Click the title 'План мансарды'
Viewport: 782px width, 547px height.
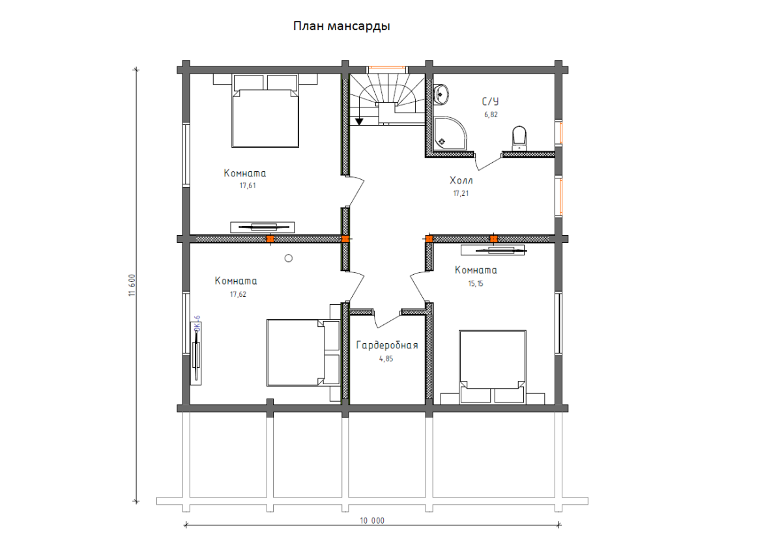point(341,26)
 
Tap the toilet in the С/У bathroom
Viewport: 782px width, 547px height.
point(519,138)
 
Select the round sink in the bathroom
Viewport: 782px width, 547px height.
point(441,94)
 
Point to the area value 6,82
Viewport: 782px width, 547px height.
point(491,115)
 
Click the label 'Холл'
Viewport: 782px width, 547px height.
point(461,180)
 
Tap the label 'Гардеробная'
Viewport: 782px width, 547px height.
point(387,345)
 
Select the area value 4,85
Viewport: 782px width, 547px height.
point(386,359)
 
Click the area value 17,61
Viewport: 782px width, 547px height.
point(248,186)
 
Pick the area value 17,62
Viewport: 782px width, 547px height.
point(238,294)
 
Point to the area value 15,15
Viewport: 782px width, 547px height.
point(476,284)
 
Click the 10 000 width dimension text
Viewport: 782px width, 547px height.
point(372,521)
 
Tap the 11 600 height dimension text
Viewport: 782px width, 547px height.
point(132,285)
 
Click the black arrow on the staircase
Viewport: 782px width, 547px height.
point(359,122)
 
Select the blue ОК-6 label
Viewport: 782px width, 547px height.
point(197,324)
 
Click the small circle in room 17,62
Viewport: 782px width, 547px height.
point(288,258)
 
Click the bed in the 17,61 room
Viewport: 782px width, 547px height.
point(265,111)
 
